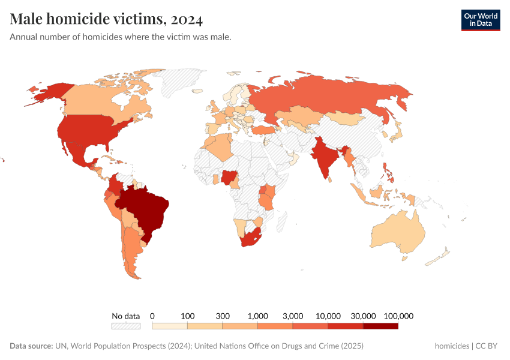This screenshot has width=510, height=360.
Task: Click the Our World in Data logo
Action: [481, 19]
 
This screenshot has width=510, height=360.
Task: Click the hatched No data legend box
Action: [125, 326]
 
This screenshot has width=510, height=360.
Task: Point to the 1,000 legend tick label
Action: [257, 316]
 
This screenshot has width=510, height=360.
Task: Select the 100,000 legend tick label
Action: [398, 316]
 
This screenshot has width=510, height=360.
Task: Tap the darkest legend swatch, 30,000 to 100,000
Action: [380, 326]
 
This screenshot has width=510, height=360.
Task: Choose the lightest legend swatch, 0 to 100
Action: [170, 326]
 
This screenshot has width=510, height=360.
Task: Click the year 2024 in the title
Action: [187, 19]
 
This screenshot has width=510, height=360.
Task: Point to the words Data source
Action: [31, 346]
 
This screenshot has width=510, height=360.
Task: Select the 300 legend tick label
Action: [222, 316]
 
